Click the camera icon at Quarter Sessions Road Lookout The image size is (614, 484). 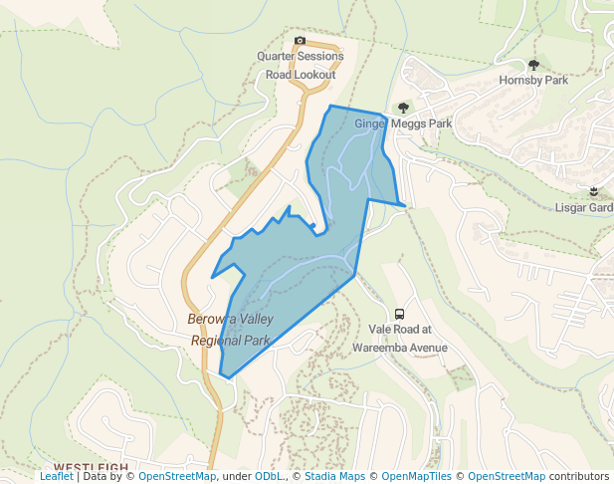(x=300, y=41)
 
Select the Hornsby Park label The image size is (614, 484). (x=533, y=81)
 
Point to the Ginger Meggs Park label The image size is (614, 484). (x=403, y=123)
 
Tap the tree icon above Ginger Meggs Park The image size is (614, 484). (x=403, y=108)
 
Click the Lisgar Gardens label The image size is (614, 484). (x=584, y=208)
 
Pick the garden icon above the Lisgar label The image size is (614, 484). (x=594, y=191)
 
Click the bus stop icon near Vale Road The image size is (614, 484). (x=399, y=314)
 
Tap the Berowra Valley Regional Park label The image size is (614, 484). (x=230, y=330)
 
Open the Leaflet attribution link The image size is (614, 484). (x=56, y=477)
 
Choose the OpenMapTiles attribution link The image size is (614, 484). (x=419, y=477)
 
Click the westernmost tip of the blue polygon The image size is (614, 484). (x=212, y=277)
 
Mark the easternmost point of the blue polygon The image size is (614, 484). (x=405, y=205)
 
